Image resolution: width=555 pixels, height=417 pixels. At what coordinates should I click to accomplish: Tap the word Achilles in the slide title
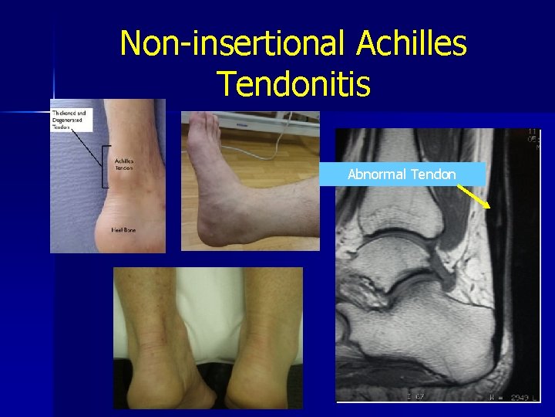[x=412, y=43]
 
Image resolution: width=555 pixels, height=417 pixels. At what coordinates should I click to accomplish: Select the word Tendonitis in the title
[x=294, y=82]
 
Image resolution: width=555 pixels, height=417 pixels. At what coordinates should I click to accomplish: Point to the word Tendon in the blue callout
[x=433, y=175]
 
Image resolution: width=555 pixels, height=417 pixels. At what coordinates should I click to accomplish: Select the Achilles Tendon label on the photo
[x=123, y=164]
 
